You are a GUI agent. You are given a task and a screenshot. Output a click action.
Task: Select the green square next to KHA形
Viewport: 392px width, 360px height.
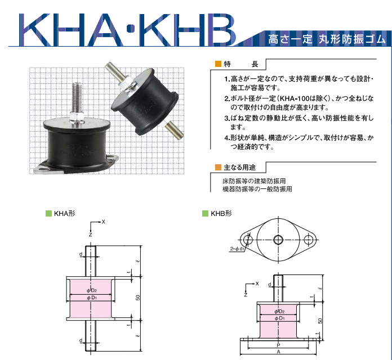[x=48, y=214]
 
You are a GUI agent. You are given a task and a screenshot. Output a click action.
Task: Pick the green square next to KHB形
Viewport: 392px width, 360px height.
[x=206, y=214]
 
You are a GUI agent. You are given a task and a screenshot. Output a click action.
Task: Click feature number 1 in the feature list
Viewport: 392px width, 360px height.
[x=226, y=80]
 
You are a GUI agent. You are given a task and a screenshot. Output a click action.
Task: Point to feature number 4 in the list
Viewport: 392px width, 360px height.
[x=226, y=138]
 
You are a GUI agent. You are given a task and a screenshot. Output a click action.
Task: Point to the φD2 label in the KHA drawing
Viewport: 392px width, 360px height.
[x=92, y=290]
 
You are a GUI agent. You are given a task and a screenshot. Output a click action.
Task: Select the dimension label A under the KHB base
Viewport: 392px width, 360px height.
[x=279, y=352]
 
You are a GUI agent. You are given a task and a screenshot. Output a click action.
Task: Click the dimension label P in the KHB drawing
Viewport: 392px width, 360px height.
[x=279, y=344]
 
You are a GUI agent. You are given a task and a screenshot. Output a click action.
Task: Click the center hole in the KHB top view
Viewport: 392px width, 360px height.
[x=278, y=240]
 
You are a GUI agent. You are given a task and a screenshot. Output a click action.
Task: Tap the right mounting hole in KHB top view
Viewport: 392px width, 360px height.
[x=308, y=240]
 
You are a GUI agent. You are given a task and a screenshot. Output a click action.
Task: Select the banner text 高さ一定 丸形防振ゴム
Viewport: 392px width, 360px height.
[x=327, y=39]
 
